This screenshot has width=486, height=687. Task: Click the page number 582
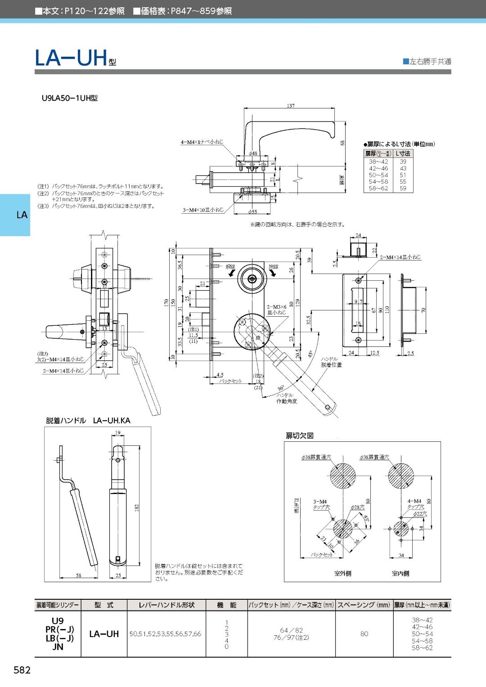pyautogui.click(x=22, y=670)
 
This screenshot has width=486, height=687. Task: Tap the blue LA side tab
pyautogui.click(x=21, y=215)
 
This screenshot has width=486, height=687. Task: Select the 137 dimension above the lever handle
pyautogui.click(x=291, y=106)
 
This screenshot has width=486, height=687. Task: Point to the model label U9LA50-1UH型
pyautogui.click(x=69, y=98)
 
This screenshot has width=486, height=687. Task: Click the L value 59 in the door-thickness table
pyautogui.click(x=403, y=189)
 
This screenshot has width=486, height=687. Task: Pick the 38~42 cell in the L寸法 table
pyautogui.click(x=378, y=162)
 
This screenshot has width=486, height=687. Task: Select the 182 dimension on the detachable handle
pyautogui.click(x=137, y=507)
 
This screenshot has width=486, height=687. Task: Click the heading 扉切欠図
pyautogui.click(x=300, y=436)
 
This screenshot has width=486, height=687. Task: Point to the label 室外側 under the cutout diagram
pyautogui.click(x=342, y=573)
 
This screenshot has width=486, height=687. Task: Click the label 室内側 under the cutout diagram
pyautogui.click(x=400, y=573)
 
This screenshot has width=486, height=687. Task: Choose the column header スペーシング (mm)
pyautogui.click(x=364, y=605)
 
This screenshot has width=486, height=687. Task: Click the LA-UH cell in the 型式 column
pyautogui.click(x=104, y=634)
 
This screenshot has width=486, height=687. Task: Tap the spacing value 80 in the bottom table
pyautogui.click(x=364, y=634)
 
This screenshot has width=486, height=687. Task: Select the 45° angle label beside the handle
pyautogui.click(x=310, y=354)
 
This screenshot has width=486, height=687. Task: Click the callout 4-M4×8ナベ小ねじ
pyautogui.click(x=202, y=142)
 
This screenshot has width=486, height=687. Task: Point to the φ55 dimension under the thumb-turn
pyautogui.click(x=252, y=211)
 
